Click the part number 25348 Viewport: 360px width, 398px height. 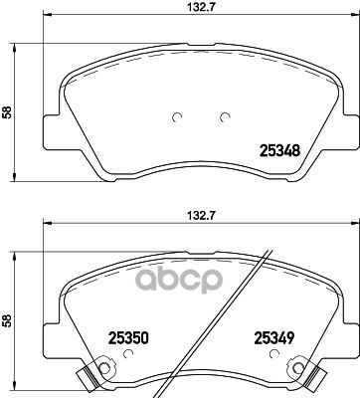(x=280, y=151)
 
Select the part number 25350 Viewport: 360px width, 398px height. (x=128, y=338)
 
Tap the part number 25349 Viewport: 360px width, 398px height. (x=274, y=338)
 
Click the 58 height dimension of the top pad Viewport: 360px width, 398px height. (x=7, y=112)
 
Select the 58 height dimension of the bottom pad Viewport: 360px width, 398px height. (x=7, y=320)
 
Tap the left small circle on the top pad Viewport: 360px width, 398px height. (x=177, y=117)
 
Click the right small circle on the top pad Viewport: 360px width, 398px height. (x=226, y=117)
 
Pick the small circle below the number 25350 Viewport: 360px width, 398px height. (x=127, y=354)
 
